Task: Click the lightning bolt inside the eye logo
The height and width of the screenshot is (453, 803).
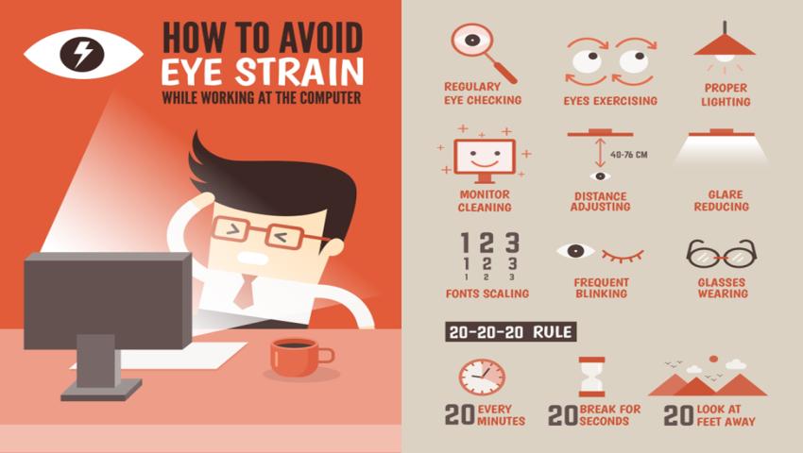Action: click(x=82, y=53)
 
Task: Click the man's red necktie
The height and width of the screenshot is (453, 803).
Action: click(x=246, y=291)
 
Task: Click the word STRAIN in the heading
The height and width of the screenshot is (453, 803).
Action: click(x=299, y=72)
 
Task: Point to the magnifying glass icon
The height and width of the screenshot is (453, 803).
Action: click(x=483, y=52)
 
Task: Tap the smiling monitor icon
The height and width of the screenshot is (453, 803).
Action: click(x=485, y=160)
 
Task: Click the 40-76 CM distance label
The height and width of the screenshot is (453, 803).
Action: click(x=629, y=154)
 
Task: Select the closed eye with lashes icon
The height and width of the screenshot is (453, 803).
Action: click(x=623, y=255)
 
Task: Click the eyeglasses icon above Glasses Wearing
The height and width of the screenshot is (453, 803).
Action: click(x=722, y=253)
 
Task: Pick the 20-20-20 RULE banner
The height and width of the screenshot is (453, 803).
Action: click(x=510, y=331)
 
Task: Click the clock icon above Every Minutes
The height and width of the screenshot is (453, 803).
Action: click(x=482, y=377)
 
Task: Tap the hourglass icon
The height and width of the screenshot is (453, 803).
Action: click(x=592, y=377)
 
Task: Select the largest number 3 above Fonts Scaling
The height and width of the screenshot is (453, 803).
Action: click(x=512, y=243)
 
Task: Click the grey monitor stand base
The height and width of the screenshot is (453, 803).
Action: click(x=101, y=390)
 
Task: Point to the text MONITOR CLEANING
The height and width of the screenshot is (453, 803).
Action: click(x=485, y=201)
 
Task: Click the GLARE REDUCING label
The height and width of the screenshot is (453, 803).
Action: click(x=722, y=201)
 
